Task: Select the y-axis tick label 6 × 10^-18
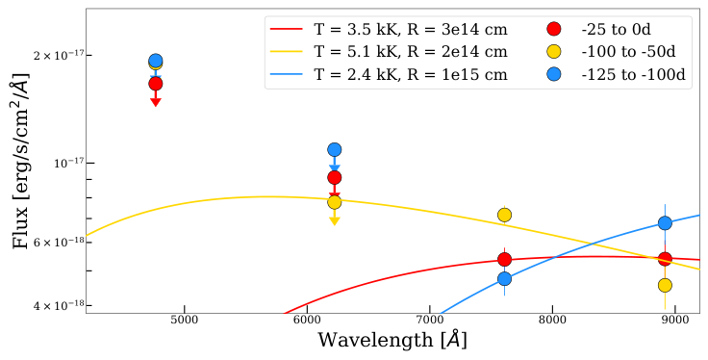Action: [x=50, y=243]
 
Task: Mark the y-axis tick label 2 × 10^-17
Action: [x=50, y=55]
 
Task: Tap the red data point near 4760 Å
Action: [x=156, y=84]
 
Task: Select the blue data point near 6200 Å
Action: [x=335, y=149]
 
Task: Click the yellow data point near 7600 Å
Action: [x=504, y=215]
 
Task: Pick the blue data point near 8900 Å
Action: [x=665, y=223]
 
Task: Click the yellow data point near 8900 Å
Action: [x=665, y=285]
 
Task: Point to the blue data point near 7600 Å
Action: [x=504, y=279]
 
